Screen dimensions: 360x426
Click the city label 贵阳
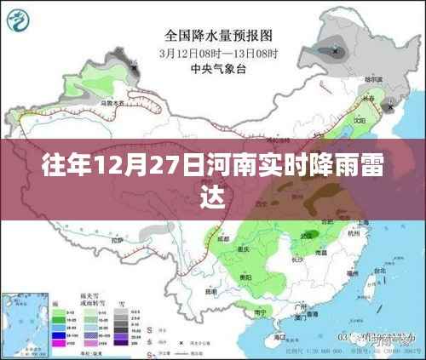pos(245,276)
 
